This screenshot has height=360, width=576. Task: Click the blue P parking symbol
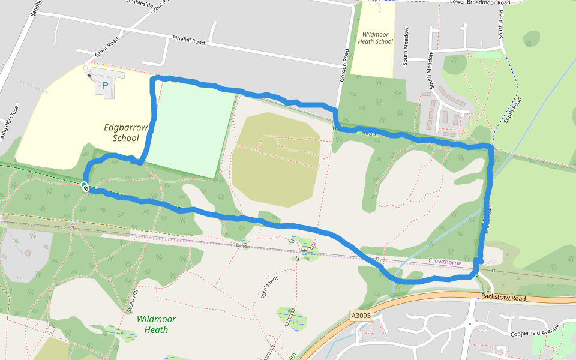(105, 86)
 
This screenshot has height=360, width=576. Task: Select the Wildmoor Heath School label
(375, 37)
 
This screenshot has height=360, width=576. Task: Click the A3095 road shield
(361, 315)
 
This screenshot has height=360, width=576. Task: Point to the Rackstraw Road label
(503, 298)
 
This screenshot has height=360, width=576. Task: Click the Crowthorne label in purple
(445, 262)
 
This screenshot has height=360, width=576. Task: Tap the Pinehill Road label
(188, 41)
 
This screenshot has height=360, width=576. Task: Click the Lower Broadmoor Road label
(479, 2)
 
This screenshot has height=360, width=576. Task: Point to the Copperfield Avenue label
(535, 331)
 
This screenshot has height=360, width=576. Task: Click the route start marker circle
(85, 186)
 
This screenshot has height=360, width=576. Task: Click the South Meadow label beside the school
(406, 46)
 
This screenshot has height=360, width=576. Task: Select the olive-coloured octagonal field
(275, 159)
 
